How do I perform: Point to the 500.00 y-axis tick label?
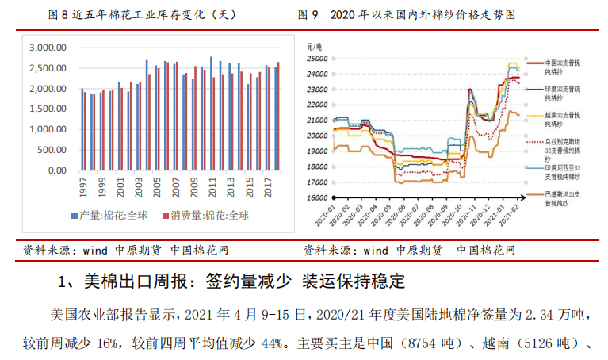(x=52, y=150)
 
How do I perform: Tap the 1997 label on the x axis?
(x=83, y=188)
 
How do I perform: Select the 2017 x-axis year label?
(x=267, y=188)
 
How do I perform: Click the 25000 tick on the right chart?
(x=319, y=58)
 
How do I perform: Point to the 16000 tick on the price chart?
(x=319, y=197)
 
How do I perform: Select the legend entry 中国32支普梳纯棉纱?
(x=564, y=66)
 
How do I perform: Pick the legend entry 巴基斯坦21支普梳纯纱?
(x=564, y=198)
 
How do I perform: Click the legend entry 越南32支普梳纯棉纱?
(x=564, y=119)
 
